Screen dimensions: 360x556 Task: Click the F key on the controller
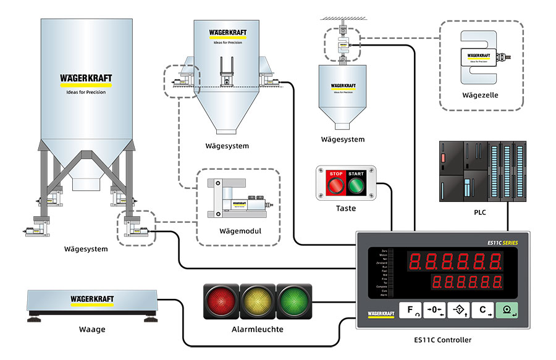[410, 311]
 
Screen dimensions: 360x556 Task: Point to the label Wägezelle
[480, 95]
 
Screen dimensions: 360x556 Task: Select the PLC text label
[480, 213]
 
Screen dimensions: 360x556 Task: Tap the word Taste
[346, 208]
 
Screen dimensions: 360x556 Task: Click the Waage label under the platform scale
[92, 329]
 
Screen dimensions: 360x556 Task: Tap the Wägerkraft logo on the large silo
[86, 78]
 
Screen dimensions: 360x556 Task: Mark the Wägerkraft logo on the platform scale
[92, 299]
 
